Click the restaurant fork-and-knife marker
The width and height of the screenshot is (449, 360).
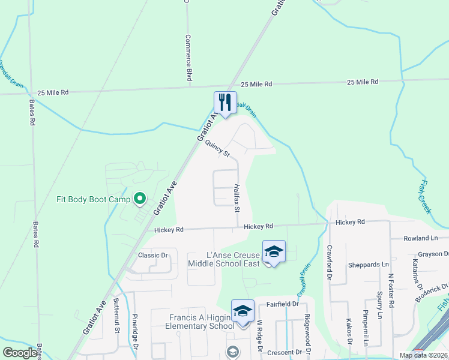pos(226,102)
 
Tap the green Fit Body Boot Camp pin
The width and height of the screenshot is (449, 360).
pos(140,197)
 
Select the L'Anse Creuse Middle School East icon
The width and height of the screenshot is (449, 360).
pos(274,251)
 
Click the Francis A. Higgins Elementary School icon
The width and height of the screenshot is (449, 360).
pos(243,311)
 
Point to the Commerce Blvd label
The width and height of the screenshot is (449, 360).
pos(188,58)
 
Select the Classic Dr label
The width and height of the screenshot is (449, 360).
pos(152,256)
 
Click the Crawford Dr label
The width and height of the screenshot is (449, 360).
pos(329,262)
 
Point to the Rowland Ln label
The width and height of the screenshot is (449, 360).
pos(421,238)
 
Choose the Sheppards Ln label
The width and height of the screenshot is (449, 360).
pos(369,265)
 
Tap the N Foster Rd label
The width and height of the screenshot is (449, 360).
pos(391,291)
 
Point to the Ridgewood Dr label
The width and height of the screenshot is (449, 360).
pos(307,333)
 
